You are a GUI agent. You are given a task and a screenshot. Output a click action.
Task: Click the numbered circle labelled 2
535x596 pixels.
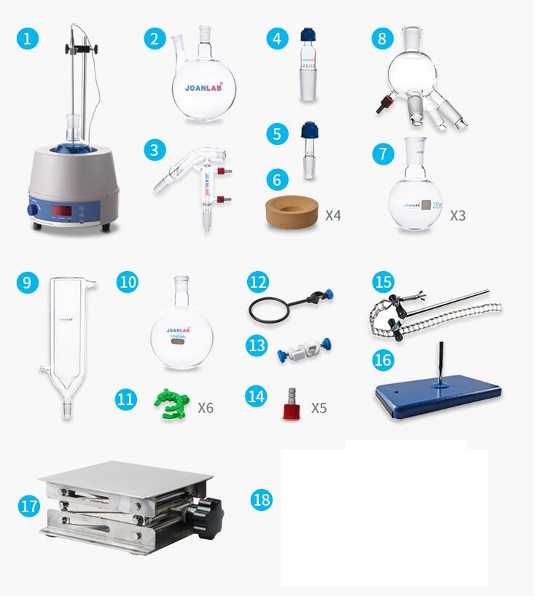(x=154, y=38)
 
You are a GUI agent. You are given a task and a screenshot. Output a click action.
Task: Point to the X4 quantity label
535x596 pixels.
(x=333, y=216)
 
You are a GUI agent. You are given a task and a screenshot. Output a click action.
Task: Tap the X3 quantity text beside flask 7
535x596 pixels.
(x=458, y=216)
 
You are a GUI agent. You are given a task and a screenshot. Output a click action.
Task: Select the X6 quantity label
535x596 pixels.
(x=206, y=407)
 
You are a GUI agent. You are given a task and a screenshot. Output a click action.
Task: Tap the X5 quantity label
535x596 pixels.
(x=319, y=407)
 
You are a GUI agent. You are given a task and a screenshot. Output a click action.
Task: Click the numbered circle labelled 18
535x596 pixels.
(x=262, y=499)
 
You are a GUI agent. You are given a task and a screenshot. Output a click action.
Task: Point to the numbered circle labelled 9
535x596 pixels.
(x=27, y=283)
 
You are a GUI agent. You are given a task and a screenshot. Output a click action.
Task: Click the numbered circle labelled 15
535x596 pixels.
(x=383, y=283)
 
